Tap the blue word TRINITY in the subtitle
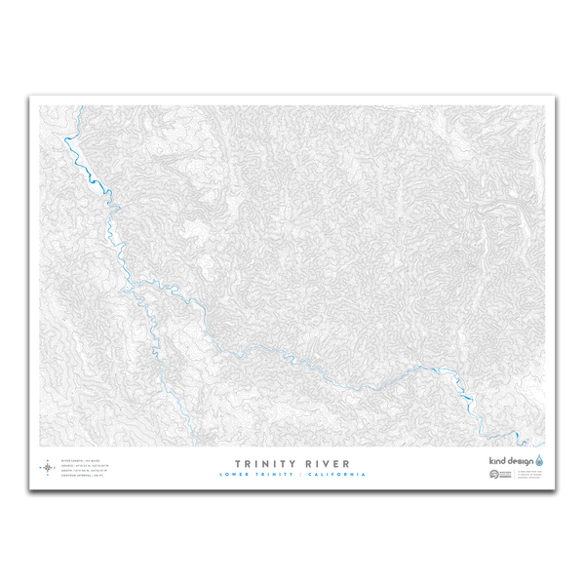point(276,475)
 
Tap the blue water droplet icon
point(539,459)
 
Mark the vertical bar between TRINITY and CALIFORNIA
point(303,475)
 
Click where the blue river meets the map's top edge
point(63,107)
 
